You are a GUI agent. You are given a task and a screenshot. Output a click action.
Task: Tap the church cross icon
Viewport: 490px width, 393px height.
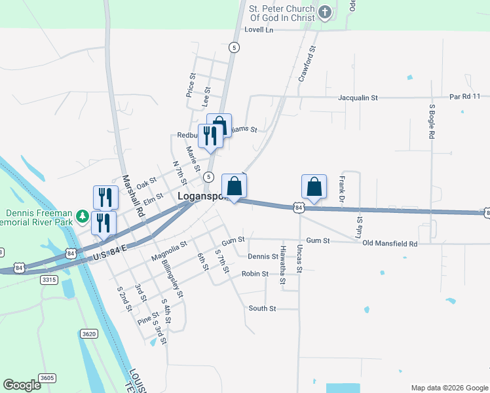[324, 12]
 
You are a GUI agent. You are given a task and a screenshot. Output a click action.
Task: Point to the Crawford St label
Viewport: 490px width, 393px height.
[307, 64]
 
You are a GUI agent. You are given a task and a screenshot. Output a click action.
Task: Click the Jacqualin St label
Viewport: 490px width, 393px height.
[358, 97]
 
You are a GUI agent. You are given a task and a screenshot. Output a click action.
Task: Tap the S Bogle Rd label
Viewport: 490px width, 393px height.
[432, 121]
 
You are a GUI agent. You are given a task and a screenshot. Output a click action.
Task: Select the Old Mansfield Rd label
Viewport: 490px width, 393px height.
[390, 244]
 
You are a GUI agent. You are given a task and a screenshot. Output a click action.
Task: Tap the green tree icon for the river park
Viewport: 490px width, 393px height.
[82, 215]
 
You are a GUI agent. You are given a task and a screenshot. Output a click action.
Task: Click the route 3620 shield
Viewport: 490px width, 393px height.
[89, 333]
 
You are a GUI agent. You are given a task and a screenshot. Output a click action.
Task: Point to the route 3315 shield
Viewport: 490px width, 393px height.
[50, 280]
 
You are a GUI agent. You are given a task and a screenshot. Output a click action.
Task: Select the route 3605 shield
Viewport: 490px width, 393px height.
[47, 378]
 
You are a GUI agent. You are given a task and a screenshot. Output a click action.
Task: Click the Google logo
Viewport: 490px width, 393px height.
[22, 385]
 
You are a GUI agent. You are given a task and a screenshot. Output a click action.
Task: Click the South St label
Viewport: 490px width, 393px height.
[262, 308]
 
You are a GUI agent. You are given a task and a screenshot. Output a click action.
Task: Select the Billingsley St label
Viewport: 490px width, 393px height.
[172, 277]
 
